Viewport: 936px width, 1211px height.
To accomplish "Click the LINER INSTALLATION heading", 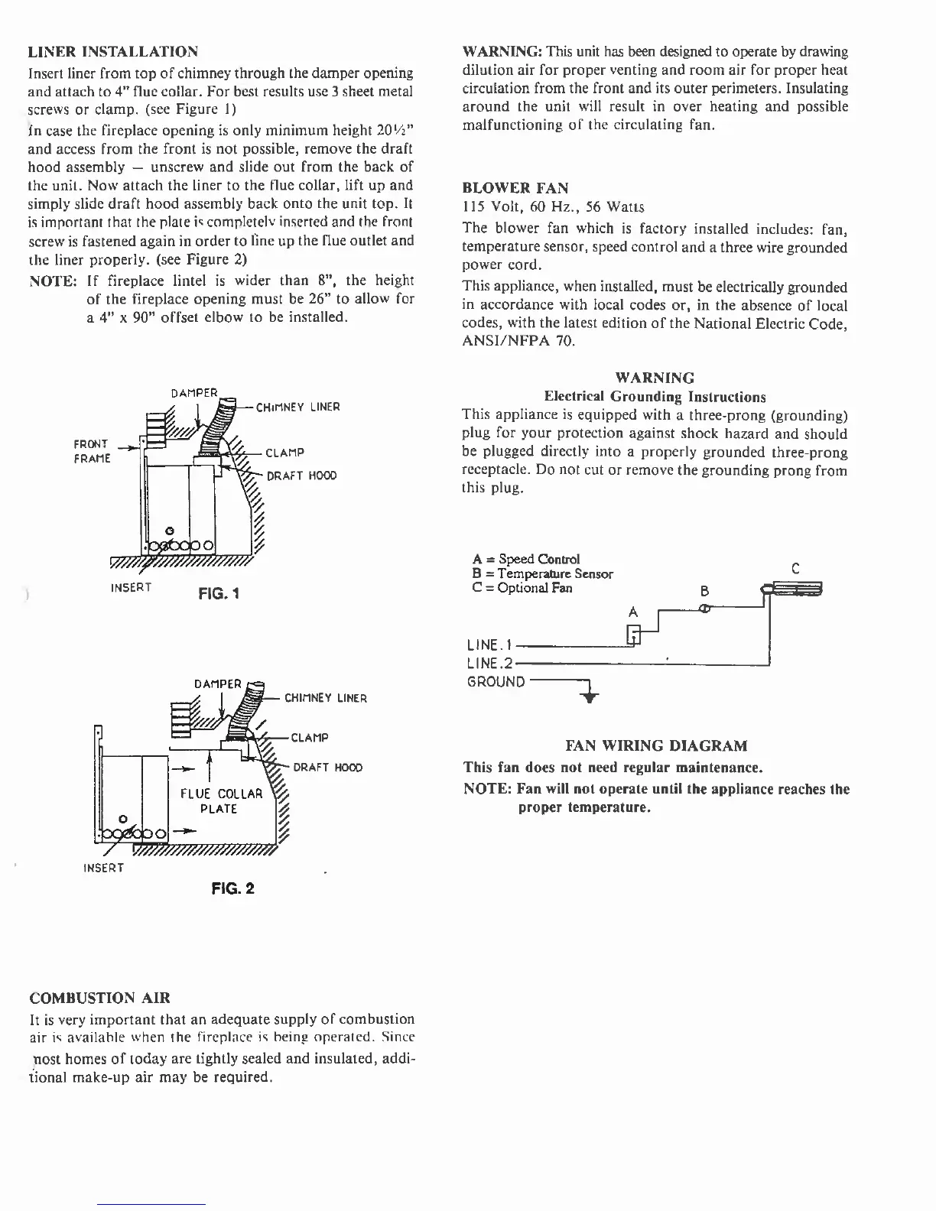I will click(113, 52).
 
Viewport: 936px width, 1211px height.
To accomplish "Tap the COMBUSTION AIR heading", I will click(99, 998).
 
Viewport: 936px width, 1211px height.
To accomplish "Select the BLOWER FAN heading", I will click(515, 187).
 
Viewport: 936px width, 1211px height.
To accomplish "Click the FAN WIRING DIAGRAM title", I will click(656, 745).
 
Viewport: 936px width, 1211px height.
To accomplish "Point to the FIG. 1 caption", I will click(219, 593).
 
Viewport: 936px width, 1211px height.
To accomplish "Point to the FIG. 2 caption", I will click(233, 888).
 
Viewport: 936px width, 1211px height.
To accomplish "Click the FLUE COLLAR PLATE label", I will click(221, 801).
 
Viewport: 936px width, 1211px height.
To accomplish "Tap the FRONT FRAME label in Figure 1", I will click(92, 451).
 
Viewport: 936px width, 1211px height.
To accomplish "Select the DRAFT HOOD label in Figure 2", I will click(327, 768).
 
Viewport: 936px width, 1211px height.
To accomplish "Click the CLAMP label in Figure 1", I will click(284, 453).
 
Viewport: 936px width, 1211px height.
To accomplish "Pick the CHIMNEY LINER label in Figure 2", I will click(326, 698).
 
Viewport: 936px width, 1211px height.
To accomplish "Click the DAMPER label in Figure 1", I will click(194, 393).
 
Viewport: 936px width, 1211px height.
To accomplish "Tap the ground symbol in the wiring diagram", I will click(590, 696).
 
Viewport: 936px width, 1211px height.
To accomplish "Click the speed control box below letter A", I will click(633, 634).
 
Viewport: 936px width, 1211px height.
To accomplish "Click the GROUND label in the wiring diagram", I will click(496, 682).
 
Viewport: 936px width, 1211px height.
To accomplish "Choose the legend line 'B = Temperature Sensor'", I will click(543, 573).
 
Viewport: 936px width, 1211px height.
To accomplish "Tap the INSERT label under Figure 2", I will click(103, 868).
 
